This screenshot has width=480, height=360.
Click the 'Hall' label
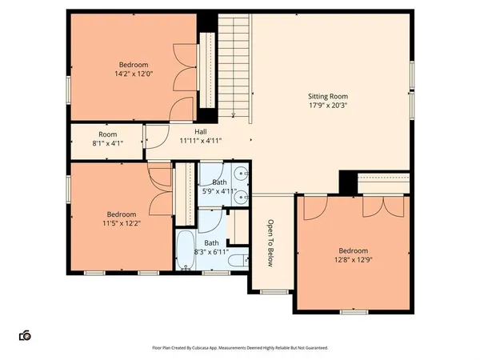tap(202, 131)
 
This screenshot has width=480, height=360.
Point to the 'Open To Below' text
tap(271, 242)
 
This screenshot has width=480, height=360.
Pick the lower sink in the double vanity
tap(241, 194)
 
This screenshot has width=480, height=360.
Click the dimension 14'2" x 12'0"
tap(134, 74)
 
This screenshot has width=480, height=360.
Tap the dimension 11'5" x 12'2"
tap(122, 224)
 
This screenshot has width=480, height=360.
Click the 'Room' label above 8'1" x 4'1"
tap(108, 134)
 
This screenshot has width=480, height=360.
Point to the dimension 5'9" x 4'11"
tap(214, 190)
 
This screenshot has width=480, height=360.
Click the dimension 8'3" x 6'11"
tap(211, 252)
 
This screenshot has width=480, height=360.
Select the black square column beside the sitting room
tap(347, 182)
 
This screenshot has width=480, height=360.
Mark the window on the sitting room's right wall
tap(413, 76)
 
